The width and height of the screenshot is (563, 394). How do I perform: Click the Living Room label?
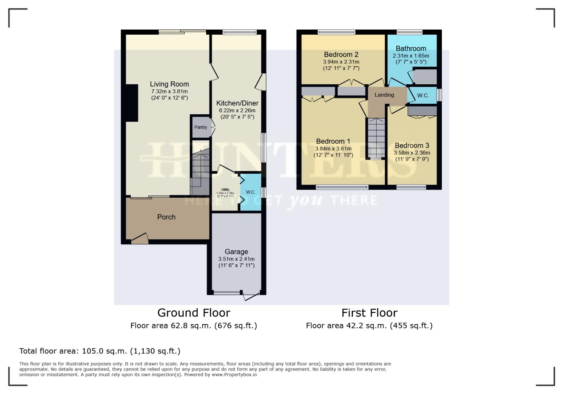tap(169, 84)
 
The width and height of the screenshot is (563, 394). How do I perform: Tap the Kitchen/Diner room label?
tap(237, 103)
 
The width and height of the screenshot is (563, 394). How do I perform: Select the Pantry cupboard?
tap(201, 127)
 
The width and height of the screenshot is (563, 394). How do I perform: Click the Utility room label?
tap(225, 190)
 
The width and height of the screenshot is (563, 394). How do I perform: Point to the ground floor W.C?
tap(251, 192)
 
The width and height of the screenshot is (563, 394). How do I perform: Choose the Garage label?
tap(236, 252)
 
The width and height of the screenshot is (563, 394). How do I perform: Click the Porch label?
tap(166, 217)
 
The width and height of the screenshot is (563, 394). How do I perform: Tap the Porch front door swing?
tap(140, 238)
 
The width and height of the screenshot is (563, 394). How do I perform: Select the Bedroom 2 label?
tap(341, 55)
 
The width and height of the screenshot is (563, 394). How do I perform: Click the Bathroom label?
tap(411, 49)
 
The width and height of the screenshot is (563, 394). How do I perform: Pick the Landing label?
tap(384, 95)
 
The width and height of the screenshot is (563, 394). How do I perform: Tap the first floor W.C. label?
tap(423, 96)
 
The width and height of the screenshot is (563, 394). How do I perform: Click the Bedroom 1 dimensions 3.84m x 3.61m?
tap(333, 148)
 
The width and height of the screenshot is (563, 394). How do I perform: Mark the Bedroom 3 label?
tap(412, 146)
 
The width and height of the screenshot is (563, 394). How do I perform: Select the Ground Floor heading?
tap(194, 313)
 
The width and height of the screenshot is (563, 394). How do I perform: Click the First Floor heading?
tap(369, 313)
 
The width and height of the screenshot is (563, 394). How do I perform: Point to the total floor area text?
tap(100, 351)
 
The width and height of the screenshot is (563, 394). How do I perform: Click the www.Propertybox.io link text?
tap(234, 375)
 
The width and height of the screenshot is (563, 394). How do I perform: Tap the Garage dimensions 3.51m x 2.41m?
tap(236, 259)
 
